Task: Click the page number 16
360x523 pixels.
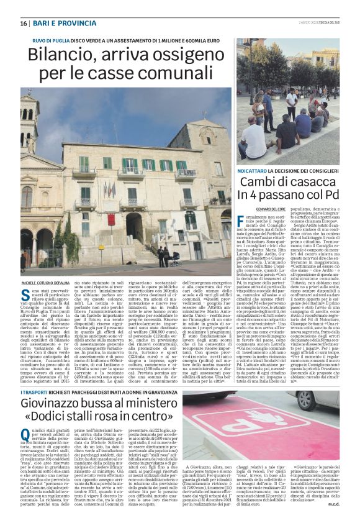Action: click(24, 23)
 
